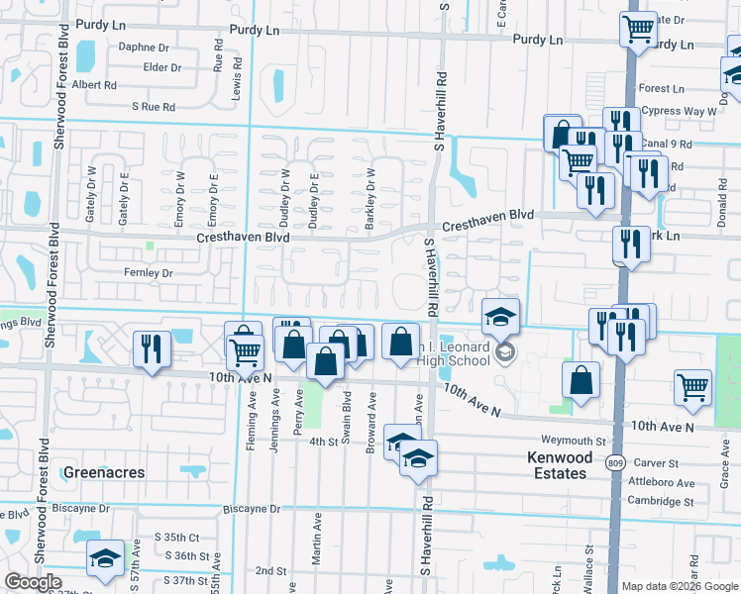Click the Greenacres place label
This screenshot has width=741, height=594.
pyautogui.click(x=104, y=472)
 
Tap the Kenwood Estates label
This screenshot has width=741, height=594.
pyautogui.click(x=558, y=465)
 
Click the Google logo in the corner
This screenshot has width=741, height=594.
pyautogui.click(x=33, y=582)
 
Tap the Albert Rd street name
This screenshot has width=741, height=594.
pyautogui.click(x=94, y=85)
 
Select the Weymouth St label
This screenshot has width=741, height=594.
pyautogui.click(x=573, y=441)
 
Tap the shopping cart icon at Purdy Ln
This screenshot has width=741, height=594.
pyautogui.click(x=639, y=29)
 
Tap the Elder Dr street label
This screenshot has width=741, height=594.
pyautogui.click(x=162, y=67)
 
